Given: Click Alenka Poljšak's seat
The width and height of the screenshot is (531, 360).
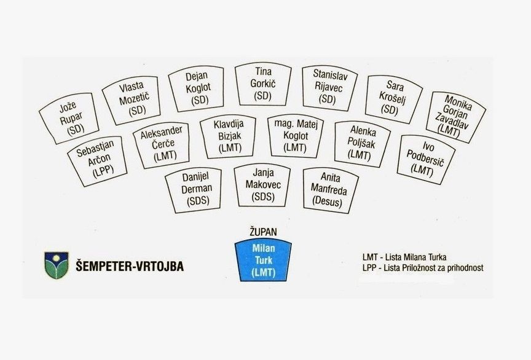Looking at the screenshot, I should click(363, 142).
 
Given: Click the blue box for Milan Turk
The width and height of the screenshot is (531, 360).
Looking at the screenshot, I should click(264, 261).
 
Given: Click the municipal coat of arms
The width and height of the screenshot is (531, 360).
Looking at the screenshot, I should click(56, 265).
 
